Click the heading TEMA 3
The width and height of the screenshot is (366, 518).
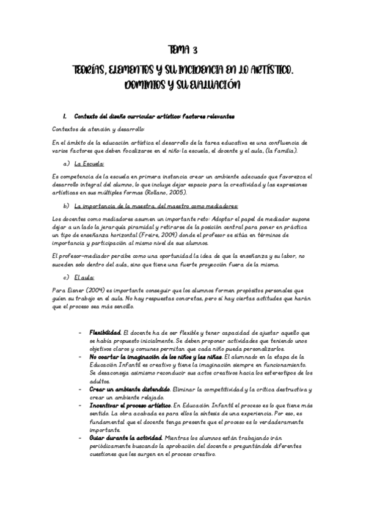[x=183, y=49]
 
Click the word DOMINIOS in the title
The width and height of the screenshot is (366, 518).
[x=147, y=85]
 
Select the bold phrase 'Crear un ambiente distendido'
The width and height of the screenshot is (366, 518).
[x=130, y=388]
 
